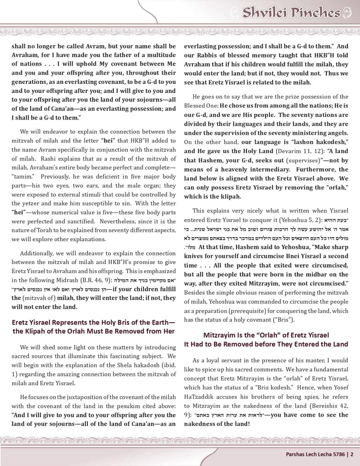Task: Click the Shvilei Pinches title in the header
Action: [291, 13]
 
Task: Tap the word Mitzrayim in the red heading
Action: [222, 335]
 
